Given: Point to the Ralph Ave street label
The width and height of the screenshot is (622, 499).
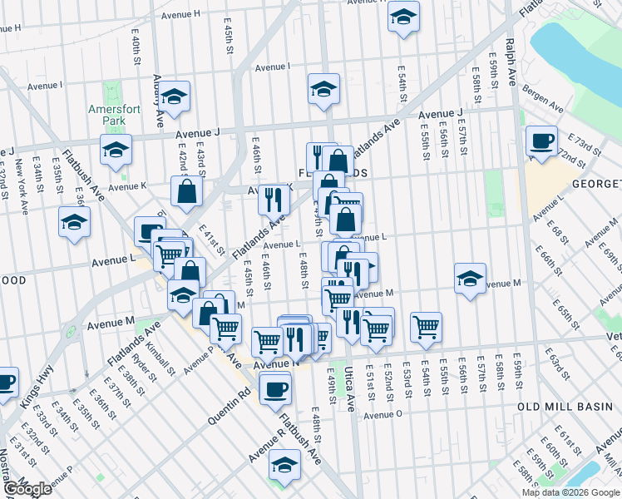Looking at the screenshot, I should tap(511, 57).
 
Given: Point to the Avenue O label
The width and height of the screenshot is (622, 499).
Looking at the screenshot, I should tap(383, 414).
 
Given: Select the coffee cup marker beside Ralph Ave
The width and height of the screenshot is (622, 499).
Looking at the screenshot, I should tap(542, 141).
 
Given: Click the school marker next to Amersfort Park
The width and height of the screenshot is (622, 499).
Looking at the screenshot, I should tap(116, 150).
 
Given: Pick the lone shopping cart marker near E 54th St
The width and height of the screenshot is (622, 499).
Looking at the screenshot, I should tap(426, 326).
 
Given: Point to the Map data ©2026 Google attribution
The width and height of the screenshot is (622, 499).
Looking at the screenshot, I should tap(570, 492).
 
